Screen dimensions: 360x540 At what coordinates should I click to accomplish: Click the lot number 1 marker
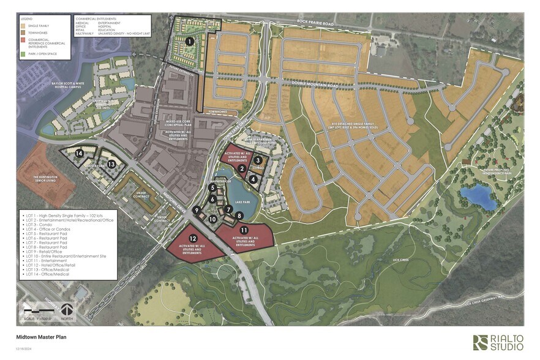click(x=190, y=42)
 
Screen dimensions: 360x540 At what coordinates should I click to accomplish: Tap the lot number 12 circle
click(x=193, y=238)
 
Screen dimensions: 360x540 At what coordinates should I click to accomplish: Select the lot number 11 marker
click(x=244, y=230)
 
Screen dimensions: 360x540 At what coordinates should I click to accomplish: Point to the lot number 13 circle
click(x=111, y=164)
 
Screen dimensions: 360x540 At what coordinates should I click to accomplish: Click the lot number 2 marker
click(x=242, y=168)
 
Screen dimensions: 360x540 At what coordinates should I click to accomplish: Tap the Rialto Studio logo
click(x=497, y=342)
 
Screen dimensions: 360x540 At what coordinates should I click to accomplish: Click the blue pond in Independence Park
click(x=479, y=197)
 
